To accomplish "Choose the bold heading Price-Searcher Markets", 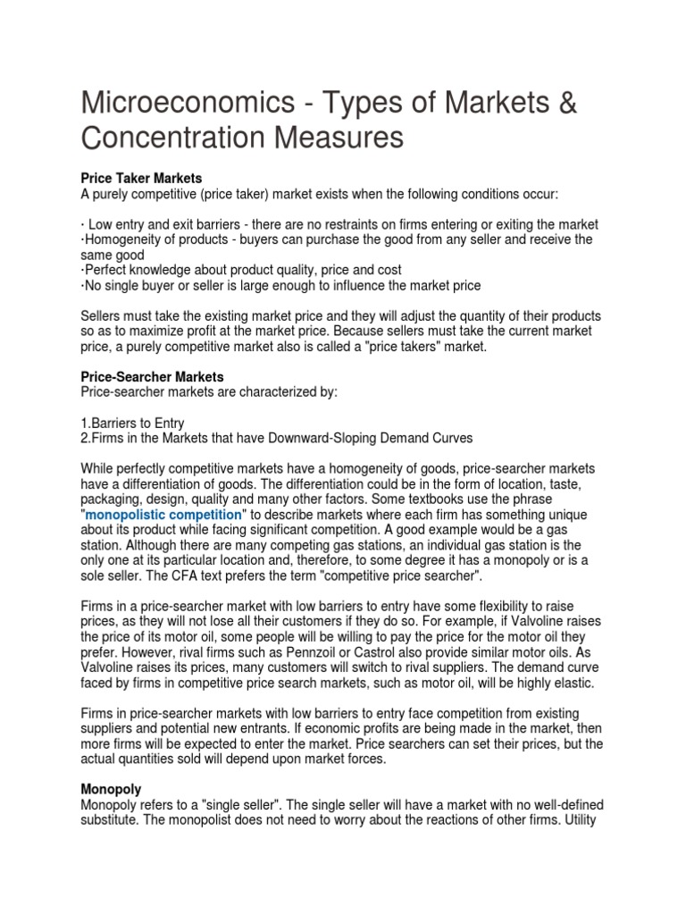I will (152, 377).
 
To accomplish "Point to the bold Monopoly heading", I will (113, 790).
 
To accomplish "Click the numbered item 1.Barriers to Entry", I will (133, 422).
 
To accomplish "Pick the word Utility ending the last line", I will (583, 820).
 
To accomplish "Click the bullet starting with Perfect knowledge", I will (241, 270).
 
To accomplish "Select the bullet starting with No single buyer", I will (281, 286).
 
